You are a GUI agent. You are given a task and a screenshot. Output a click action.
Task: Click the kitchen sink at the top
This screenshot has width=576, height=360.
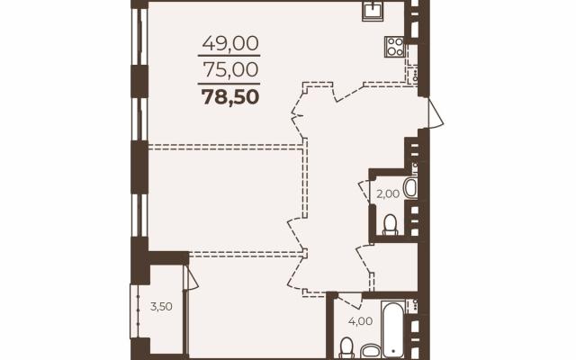373,11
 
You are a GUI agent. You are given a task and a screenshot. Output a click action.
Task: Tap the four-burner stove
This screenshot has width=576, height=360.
394,47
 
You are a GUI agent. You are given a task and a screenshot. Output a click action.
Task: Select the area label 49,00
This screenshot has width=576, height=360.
230,43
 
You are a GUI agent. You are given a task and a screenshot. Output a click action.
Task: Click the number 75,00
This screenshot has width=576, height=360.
230,69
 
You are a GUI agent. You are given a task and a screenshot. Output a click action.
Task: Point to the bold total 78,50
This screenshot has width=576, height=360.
230,97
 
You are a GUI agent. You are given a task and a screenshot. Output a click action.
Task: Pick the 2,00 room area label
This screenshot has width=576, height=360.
388,193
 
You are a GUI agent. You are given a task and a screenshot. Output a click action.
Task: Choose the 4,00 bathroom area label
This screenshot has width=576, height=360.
360,321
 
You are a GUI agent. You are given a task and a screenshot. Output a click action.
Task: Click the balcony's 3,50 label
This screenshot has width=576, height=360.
161,306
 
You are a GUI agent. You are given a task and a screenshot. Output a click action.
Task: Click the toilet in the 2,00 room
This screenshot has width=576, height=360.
390,225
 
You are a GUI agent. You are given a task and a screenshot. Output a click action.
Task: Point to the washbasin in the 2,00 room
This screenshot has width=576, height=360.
410,188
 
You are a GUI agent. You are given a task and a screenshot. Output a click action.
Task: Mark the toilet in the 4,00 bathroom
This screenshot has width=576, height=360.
346,348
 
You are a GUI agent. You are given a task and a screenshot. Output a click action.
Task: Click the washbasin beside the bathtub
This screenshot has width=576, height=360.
370,351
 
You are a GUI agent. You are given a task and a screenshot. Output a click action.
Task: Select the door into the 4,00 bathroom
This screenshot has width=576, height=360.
350,300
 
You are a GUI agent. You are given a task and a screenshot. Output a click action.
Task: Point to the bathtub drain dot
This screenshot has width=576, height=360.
393,350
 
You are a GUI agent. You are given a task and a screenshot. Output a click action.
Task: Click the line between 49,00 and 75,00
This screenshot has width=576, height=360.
229,56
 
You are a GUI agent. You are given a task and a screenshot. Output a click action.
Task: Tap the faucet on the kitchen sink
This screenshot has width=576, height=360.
373,6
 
